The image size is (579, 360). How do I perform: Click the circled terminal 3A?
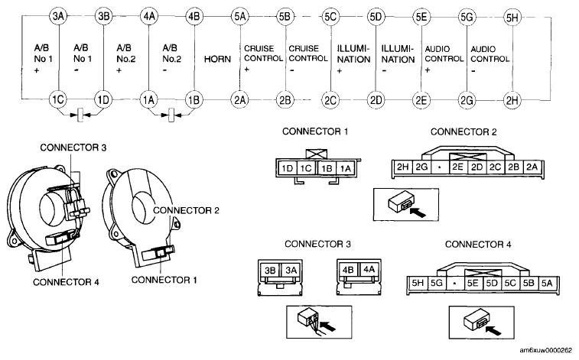[x=58, y=16]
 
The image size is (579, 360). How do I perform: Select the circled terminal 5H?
[x=512, y=18]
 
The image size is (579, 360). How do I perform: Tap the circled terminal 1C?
[x=58, y=99]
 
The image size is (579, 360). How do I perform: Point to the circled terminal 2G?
[x=467, y=100]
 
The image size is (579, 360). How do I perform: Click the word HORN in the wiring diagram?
[x=217, y=59]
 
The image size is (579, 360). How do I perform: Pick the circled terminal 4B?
[x=194, y=17]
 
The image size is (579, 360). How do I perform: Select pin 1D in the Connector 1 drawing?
[x=287, y=169]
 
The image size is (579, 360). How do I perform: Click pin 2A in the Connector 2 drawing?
[x=532, y=167]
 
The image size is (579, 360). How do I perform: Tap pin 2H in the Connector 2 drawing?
[x=402, y=167]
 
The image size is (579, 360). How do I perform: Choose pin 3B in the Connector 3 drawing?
[x=270, y=271]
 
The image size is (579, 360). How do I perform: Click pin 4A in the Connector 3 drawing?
[x=369, y=270]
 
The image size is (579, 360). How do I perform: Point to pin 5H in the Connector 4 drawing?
[x=418, y=283]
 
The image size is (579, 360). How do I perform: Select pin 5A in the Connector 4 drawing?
[x=547, y=283]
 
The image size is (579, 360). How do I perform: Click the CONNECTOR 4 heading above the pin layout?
[x=478, y=244]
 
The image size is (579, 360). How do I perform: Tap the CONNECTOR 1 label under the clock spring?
[x=164, y=280]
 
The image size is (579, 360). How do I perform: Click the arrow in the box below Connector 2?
[x=418, y=212]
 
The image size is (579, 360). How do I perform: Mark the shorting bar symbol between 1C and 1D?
[x=80, y=115]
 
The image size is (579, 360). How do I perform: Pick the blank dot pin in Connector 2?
[x=440, y=167]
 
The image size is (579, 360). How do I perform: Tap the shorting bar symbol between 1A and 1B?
[x=171, y=115]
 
